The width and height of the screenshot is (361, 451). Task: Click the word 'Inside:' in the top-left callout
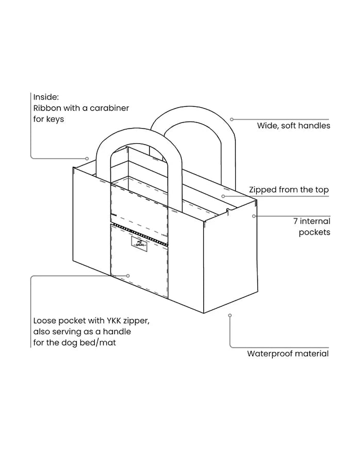click(x=46, y=97)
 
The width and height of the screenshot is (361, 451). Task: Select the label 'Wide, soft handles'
click(x=293, y=126)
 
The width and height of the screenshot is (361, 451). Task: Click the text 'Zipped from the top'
click(x=289, y=190)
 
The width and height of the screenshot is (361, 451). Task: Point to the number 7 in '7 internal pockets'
click(x=296, y=221)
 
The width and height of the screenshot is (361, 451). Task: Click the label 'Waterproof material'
click(x=288, y=354)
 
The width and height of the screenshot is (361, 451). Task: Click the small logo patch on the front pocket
click(x=139, y=244)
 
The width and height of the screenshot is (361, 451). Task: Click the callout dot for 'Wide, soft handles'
click(x=232, y=120)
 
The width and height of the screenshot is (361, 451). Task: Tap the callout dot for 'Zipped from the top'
click(x=223, y=196)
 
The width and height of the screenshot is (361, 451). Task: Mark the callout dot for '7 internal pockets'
click(x=254, y=216)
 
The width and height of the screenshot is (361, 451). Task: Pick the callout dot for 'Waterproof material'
click(x=230, y=315)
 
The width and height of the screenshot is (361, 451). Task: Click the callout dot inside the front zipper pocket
click(x=128, y=276)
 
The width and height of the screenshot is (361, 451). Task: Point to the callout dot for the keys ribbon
click(x=87, y=158)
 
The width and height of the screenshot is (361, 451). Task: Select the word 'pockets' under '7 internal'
click(x=315, y=232)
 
